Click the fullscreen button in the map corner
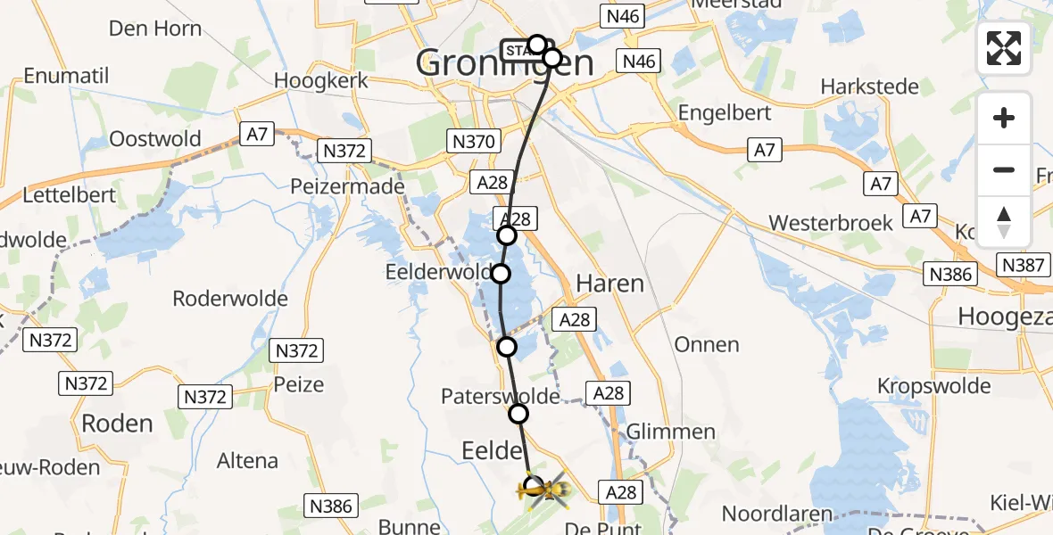pyautogui.click(x=1004, y=48)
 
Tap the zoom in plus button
pyautogui.click(x=1004, y=118)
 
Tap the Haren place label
pyautogui.click(x=609, y=284)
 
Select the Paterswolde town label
pyautogui.click(x=500, y=396)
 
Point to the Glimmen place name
pyautogui.click(x=670, y=432)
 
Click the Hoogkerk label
pyautogui.click(x=321, y=80)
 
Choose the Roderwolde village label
pyautogui.click(x=230, y=299)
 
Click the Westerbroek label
pyautogui.click(x=830, y=223)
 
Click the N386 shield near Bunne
pyautogui.click(x=332, y=506)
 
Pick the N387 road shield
pyautogui.click(x=1022, y=265)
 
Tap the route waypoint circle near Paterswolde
pyautogui.click(x=518, y=414)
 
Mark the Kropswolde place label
pyautogui.click(x=933, y=386)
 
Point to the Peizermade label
pyautogui.click(x=347, y=187)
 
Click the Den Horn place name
pyautogui.click(x=154, y=29)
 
